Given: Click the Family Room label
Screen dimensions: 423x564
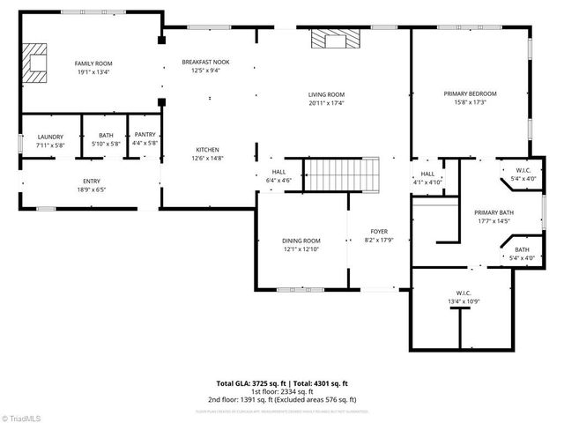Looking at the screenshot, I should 93,63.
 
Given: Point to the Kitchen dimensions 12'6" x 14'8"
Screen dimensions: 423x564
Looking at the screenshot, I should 208,159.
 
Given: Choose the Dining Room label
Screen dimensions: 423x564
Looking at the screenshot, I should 301,241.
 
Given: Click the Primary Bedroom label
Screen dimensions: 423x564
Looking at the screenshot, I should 470,93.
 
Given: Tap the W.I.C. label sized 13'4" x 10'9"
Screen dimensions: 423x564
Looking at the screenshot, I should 463,293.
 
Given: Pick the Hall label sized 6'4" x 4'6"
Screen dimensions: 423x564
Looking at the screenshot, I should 278,172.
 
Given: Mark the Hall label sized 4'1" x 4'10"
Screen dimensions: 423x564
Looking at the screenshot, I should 427,174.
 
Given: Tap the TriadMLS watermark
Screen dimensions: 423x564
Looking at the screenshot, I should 24,417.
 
